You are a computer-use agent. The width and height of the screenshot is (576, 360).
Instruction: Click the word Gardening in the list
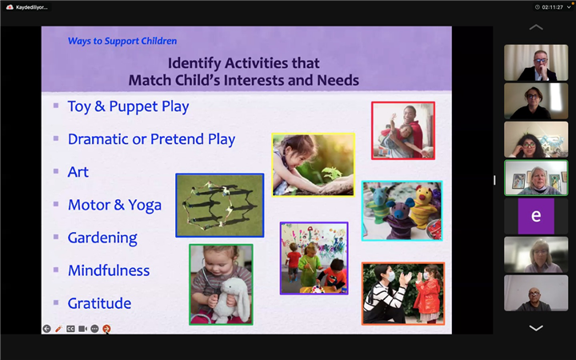click(102, 238)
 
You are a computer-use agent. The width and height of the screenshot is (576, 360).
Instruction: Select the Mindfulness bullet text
click(109, 270)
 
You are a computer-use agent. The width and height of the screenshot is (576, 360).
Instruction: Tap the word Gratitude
click(99, 303)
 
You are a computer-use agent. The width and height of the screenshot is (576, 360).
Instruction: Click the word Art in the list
click(78, 172)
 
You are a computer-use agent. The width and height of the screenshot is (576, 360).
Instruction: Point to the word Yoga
click(145, 206)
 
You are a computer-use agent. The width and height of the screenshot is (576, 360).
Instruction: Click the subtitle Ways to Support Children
click(122, 41)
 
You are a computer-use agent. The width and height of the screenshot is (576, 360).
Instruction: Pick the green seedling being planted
click(333, 174)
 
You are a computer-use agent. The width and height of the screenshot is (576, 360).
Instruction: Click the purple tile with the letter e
click(536, 216)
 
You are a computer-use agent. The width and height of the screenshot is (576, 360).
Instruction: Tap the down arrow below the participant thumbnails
click(536, 328)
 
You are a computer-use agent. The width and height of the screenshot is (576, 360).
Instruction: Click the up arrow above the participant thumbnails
click(536, 27)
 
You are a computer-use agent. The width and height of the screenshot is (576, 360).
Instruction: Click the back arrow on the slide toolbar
click(46, 329)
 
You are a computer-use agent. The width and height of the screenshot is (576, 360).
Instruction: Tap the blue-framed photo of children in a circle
click(220, 206)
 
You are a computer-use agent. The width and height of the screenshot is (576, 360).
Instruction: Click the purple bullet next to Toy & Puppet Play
click(56, 106)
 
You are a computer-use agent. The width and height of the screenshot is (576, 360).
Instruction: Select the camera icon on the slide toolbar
click(82, 329)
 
